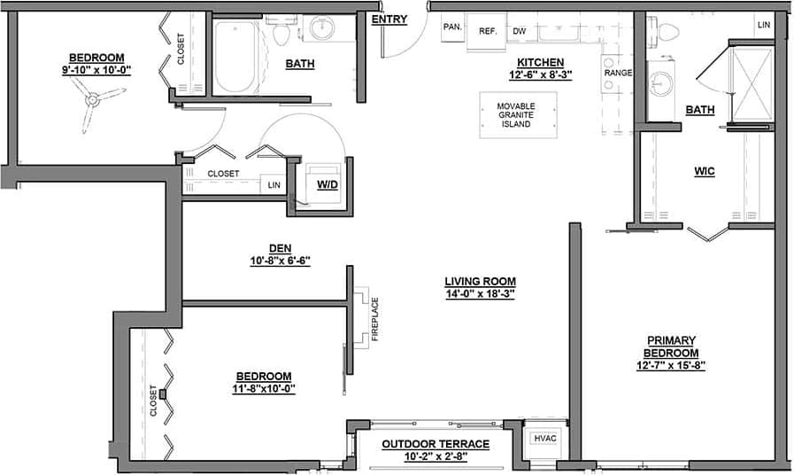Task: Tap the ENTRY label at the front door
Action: (x=389, y=19)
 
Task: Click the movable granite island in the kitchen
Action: (x=518, y=115)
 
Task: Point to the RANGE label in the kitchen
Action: (x=617, y=73)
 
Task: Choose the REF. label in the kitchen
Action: (x=487, y=31)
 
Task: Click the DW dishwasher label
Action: (x=520, y=31)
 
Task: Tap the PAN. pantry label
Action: (x=452, y=27)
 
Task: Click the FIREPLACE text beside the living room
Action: (x=375, y=319)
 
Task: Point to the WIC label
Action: (x=705, y=171)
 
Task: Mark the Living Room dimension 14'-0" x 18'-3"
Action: (x=480, y=293)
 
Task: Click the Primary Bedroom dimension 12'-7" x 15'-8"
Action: (x=671, y=364)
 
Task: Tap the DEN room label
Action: (x=280, y=248)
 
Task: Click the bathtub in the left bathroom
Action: (x=235, y=58)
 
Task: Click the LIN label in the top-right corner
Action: (x=763, y=25)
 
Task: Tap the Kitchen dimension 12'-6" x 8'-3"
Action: (x=541, y=74)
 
